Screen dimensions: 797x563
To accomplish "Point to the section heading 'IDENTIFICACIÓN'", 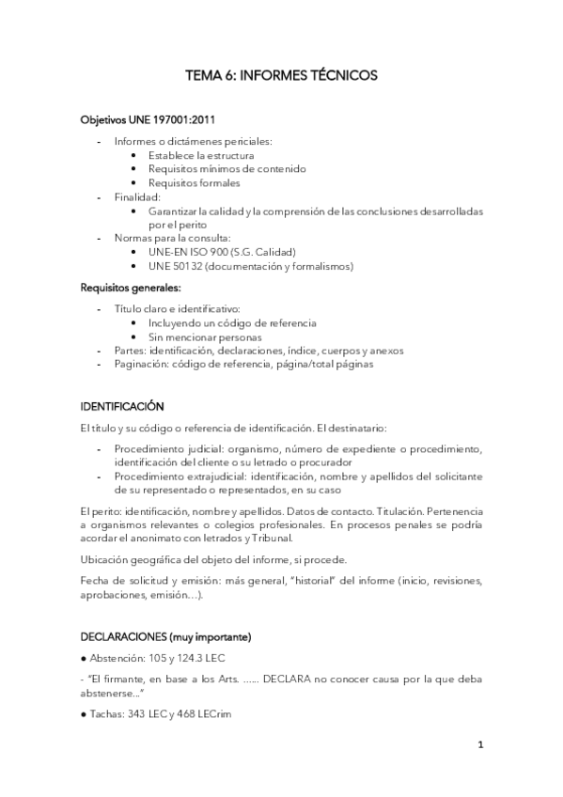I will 123,406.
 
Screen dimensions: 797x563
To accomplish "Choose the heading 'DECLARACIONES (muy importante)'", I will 165,636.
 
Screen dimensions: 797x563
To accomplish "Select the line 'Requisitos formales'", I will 194,183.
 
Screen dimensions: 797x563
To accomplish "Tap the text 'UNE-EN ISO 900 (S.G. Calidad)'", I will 222,252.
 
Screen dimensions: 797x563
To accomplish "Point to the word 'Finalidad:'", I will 137,197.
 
